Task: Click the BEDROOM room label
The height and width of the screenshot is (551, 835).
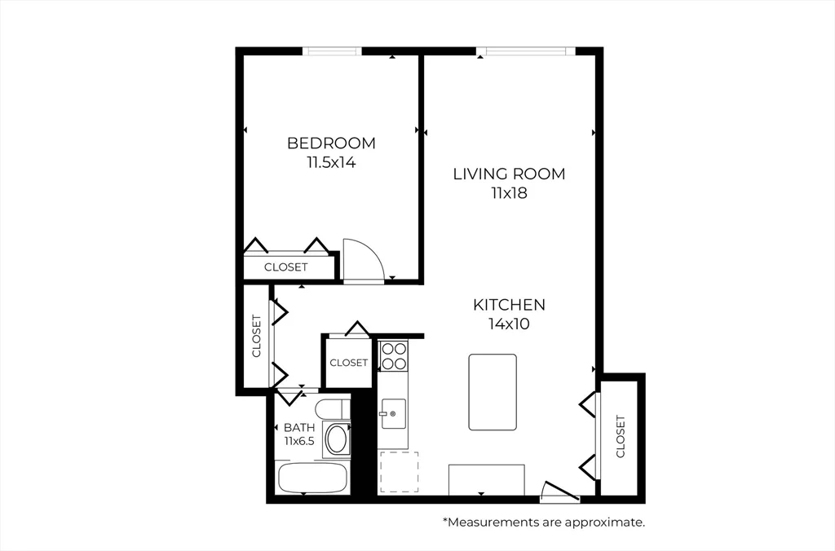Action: coord(331,143)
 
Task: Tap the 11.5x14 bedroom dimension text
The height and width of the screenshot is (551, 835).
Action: coord(331,162)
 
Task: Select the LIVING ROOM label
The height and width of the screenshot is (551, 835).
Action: coord(509,174)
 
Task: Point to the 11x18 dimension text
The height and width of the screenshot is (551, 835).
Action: coord(509,192)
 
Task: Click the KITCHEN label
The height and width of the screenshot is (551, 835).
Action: coord(509,305)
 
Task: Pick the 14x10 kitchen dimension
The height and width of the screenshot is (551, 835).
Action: coord(509,324)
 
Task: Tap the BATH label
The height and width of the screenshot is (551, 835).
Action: coord(299,427)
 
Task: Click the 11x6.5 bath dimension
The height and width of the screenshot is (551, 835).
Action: coord(299,441)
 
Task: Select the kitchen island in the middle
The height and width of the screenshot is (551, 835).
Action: coord(493,392)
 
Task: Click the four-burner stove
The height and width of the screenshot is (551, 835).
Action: coord(394,355)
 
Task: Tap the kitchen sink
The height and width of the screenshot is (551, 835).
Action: coord(392,413)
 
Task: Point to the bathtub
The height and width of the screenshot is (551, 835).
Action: coord(312,478)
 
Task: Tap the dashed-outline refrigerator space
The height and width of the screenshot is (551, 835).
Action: coord(398,472)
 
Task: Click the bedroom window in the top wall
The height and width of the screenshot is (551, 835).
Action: coord(332,51)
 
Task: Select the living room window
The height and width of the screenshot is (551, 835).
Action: coord(526,51)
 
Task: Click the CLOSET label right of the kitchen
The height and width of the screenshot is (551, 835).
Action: coord(621,437)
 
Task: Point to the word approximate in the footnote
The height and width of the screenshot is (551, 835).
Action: coord(604,522)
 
